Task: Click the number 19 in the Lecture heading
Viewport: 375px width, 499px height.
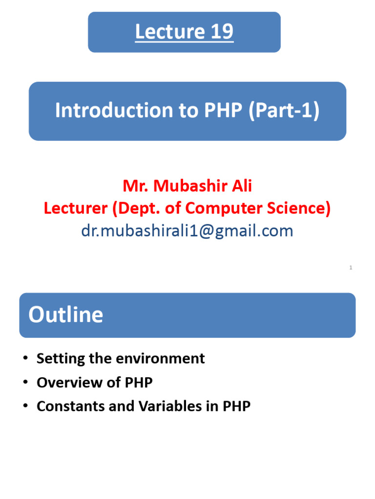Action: (x=222, y=32)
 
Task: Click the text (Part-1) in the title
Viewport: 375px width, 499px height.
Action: (x=284, y=111)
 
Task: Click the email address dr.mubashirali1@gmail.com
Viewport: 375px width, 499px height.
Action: (x=187, y=230)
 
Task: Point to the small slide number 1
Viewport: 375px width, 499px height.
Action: (x=351, y=268)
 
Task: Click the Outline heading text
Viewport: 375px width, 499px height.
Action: (x=65, y=315)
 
